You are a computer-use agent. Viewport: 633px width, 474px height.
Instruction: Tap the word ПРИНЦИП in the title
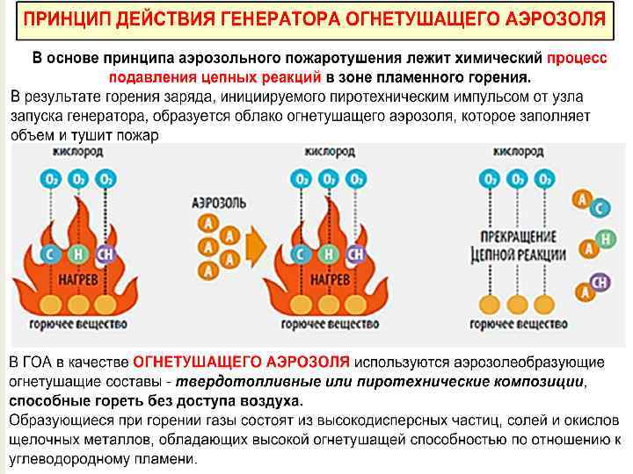(66, 18)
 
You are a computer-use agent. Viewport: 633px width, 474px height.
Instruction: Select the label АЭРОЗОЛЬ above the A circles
(219, 203)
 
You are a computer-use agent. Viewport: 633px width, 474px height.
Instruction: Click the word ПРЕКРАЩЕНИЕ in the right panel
(518, 238)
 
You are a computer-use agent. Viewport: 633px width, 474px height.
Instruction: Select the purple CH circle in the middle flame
(355, 255)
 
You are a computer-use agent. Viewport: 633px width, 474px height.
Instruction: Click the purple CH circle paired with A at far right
(602, 283)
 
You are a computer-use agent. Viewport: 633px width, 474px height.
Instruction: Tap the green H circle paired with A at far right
(604, 239)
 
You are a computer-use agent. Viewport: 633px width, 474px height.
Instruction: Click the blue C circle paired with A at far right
(600, 208)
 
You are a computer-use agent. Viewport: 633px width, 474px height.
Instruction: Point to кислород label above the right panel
(518, 152)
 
